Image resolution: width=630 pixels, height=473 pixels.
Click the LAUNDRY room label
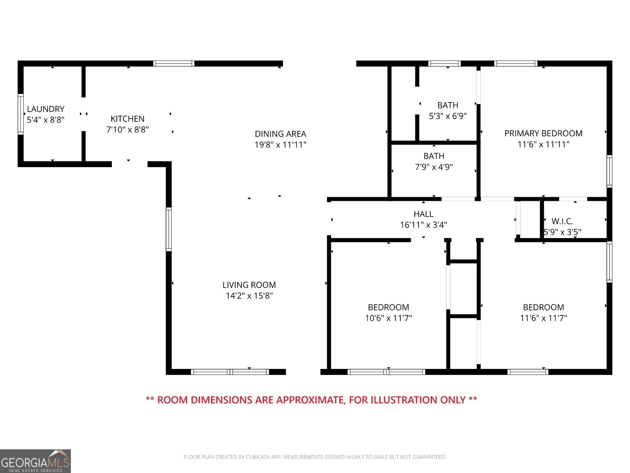46,109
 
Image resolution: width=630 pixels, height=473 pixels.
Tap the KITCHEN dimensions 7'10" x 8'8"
128,130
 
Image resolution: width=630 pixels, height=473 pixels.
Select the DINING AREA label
280,134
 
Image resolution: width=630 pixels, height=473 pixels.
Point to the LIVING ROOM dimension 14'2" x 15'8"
249,296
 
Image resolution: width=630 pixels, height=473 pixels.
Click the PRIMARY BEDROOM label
543,133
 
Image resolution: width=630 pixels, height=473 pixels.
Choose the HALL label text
423,214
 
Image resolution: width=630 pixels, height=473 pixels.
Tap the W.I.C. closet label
562,221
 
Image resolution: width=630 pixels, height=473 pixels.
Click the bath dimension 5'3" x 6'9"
447,116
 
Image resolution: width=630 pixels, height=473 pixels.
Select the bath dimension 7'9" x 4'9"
434,167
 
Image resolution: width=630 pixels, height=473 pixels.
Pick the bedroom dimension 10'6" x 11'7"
388,318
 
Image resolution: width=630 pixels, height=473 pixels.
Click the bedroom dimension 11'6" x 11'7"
543,318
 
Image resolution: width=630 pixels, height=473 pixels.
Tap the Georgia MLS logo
35,461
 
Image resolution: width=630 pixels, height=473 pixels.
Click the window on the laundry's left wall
20,114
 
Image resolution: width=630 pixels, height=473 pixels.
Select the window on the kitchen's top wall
174,63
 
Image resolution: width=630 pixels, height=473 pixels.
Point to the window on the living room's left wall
169,229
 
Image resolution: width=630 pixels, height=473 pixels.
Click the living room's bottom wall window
230,372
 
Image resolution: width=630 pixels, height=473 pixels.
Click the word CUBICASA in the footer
257,457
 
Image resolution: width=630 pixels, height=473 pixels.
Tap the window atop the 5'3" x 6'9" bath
444,63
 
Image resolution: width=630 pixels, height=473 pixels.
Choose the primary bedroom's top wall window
515,63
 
